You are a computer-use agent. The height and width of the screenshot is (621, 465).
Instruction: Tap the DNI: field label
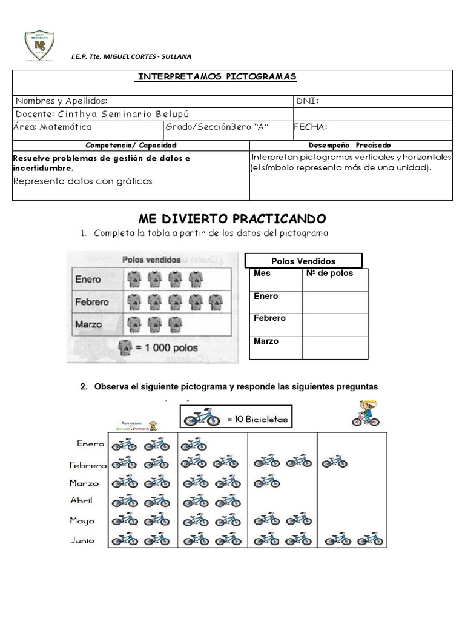point(307,101)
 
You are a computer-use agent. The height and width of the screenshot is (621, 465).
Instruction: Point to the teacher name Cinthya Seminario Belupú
point(97,114)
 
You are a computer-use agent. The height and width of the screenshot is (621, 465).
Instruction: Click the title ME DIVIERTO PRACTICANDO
point(232,218)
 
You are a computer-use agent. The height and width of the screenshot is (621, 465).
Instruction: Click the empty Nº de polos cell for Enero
point(335,302)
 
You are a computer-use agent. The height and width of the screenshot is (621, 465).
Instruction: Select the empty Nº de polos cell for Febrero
point(335,324)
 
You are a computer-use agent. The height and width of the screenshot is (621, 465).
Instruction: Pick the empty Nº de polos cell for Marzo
point(335,347)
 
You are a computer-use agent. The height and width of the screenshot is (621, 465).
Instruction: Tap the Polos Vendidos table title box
point(303,261)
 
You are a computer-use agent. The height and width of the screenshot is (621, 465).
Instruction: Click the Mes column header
point(263,274)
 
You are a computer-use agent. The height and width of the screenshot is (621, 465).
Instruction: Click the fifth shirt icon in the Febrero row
point(215,301)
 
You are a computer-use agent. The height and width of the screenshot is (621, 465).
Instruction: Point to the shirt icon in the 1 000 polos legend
point(125,347)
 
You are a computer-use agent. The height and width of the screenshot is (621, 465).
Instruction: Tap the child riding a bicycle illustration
point(365,414)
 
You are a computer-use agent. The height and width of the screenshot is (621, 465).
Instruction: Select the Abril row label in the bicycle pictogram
point(81,501)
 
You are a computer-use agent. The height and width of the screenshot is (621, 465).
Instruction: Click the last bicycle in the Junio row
point(369,539)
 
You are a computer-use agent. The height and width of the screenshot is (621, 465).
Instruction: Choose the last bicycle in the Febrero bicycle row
point(334,463)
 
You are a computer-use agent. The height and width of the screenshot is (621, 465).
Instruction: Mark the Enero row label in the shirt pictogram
point(88,280)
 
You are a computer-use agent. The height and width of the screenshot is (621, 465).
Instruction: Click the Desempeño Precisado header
point(351,146)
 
